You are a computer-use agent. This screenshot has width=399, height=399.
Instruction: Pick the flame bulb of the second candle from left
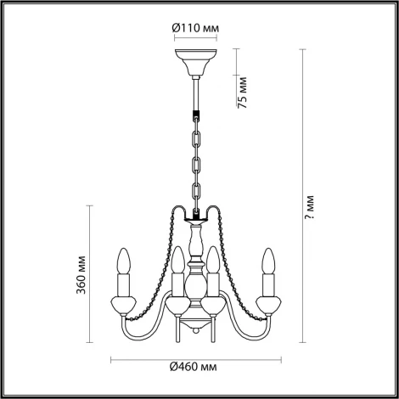[178, 257]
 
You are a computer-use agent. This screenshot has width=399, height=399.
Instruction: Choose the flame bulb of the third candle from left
[216, 257]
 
